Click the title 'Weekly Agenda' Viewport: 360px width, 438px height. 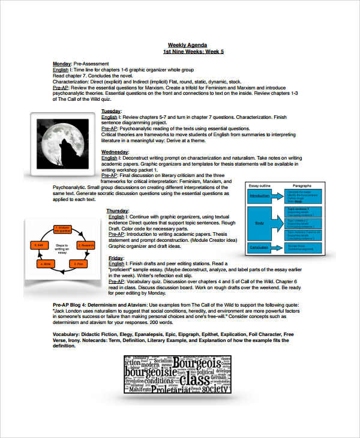click(x=187, y=45)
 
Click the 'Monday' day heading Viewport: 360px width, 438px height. click(x=62, y=64)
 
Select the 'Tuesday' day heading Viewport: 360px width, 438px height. click(x=111, y=112)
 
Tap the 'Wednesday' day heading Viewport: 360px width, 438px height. click(x=115, y=152)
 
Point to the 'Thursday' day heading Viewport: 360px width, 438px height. click(x=118, y=211)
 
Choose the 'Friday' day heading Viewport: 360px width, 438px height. click(x=116, y=257)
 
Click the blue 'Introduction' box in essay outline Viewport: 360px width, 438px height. click(x=259, y=196)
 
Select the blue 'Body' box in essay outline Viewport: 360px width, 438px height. click(x=259, y=223)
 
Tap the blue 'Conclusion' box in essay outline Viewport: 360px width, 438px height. click(x=259, y=247)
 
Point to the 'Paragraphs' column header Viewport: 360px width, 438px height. click(x=302, y=186)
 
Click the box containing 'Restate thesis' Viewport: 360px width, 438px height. click(x=303, y=247)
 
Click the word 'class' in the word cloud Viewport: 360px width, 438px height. click(x=195, y=380)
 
